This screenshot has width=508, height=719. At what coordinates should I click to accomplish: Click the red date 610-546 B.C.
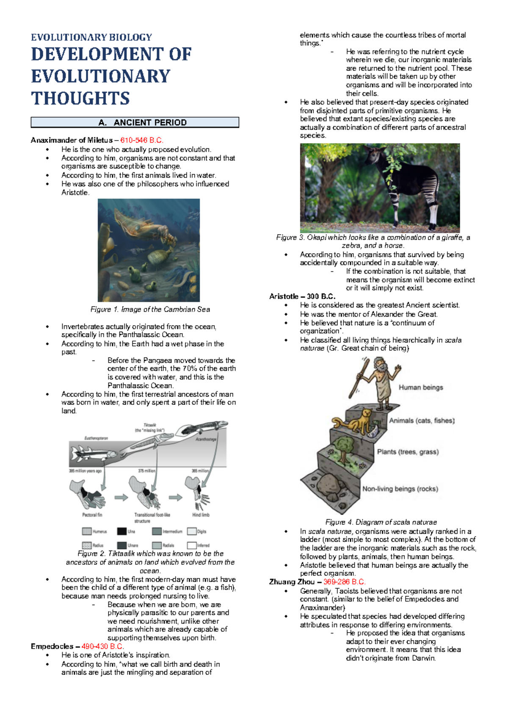[x=141, y=140]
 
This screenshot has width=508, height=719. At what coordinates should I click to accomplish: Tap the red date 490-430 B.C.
[x=102, y=646]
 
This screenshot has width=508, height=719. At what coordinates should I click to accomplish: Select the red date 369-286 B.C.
[x=344, y=582]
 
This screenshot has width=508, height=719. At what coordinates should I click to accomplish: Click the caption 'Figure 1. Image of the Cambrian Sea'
[x=150, y=310]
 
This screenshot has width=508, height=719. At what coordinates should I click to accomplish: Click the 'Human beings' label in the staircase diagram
[x=420, y=387]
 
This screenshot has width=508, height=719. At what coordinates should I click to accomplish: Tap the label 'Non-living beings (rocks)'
[x=400, y=489]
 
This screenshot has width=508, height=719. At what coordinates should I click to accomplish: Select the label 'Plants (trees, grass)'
[x=408, y=452]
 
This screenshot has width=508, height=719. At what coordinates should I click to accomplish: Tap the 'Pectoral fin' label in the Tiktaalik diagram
[x=92, y=515]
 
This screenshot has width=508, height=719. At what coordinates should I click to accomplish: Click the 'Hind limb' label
[x=201, y=515]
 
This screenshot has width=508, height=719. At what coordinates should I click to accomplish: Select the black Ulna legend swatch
[x=121, y=531]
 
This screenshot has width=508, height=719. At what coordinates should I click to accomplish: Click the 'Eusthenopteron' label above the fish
[x=96, y=438]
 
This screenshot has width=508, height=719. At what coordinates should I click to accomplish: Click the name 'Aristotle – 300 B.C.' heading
[x=302, y=296]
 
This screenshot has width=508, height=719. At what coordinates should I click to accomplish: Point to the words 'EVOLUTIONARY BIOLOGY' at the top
[x=91, y=37]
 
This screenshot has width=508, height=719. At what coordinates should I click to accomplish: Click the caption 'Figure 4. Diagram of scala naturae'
[x=381, y=522]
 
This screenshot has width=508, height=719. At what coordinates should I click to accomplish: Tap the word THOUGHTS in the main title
[x=80, y=98]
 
